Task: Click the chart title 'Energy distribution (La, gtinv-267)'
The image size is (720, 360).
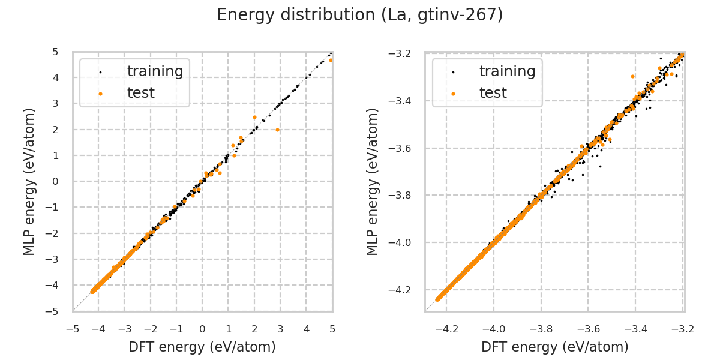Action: (360, 15)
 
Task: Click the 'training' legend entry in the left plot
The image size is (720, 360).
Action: (155, 71)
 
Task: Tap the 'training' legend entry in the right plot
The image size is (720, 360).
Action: (507, 71)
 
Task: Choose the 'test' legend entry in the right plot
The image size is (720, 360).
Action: (493, 93)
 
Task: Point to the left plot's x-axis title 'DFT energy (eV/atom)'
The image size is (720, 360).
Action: (202, 347)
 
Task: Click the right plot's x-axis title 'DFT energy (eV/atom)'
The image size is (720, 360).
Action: (555, 347)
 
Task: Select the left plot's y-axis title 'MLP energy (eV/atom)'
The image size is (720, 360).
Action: (30, 181)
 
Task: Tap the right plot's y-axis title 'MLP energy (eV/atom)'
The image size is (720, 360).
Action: (373, 181)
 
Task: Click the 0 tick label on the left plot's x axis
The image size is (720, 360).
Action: (202, 329)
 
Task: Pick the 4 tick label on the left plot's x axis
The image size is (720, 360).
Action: (306, 329)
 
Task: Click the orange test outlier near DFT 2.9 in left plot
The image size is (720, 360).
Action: (277, 130)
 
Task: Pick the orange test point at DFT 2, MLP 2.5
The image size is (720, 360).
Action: (254, 118)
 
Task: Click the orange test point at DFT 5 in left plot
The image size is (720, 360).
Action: (331, 60)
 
